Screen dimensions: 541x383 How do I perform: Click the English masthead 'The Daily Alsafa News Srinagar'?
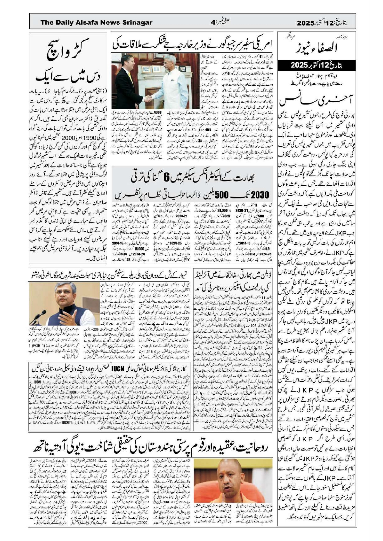(x=96, y=23)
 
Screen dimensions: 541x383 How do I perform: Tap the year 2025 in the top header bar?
(x=305, y=23)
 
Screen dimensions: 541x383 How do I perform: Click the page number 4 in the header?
(x=213, y=23)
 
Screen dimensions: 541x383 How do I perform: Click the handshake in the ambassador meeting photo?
(x=148, y=99)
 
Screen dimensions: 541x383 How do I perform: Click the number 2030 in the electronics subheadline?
(x=260, y=195)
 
